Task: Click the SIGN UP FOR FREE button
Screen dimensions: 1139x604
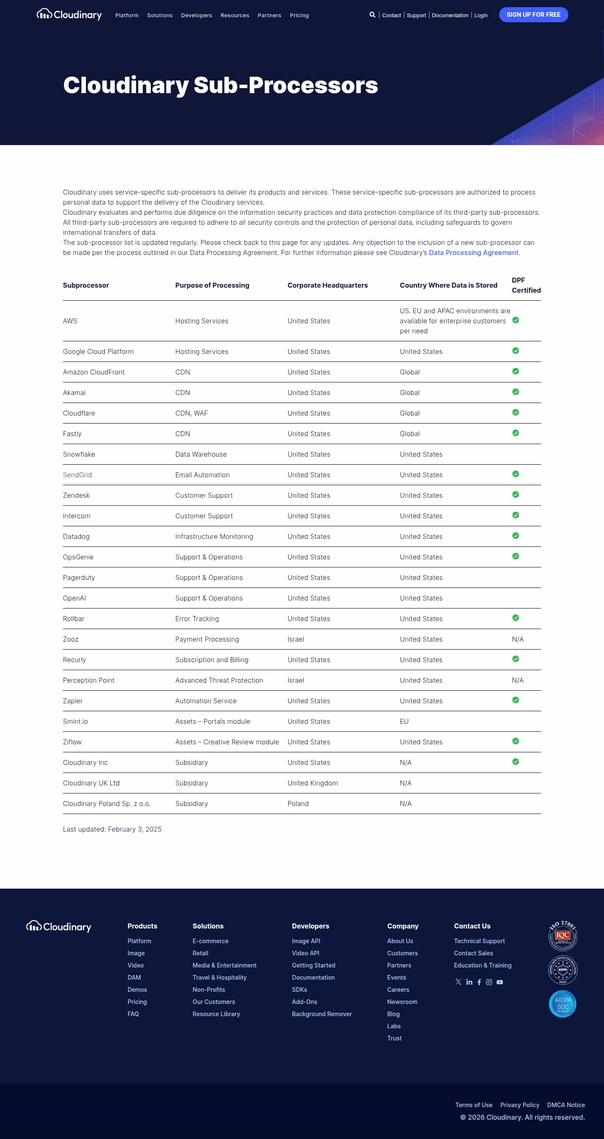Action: coord(533,15)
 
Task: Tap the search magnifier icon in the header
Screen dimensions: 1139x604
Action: coord(372,15)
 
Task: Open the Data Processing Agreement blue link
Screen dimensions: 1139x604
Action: coord(473,252)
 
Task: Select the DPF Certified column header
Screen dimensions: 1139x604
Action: coord(526,285)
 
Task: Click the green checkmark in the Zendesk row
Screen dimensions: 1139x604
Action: coord(515,494)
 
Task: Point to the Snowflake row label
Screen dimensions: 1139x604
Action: coord(79,454)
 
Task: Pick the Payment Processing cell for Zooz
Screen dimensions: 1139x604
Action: coord(207,639)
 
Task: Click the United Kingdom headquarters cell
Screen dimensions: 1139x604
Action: coord(312,783)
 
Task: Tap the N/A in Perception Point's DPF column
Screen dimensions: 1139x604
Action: coord(517,680)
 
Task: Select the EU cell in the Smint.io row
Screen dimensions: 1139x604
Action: coord(404,721)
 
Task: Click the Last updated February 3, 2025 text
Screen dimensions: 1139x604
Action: coord(112,829)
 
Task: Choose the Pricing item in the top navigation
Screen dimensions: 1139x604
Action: coord(299,16)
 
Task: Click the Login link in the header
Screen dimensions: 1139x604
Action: coord(481,16)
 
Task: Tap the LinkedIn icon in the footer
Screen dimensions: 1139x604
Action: coord(469,982)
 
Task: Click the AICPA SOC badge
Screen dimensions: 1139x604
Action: coord(562,1004)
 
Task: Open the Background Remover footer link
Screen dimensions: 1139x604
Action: coord(322,1014)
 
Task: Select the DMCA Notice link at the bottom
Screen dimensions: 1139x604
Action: coord(565,1105)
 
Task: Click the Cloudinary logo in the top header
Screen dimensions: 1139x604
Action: coord(69,15)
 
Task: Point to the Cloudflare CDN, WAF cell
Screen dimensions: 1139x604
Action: coord(191,413)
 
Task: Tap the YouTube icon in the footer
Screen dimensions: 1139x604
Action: coord(500,982)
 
